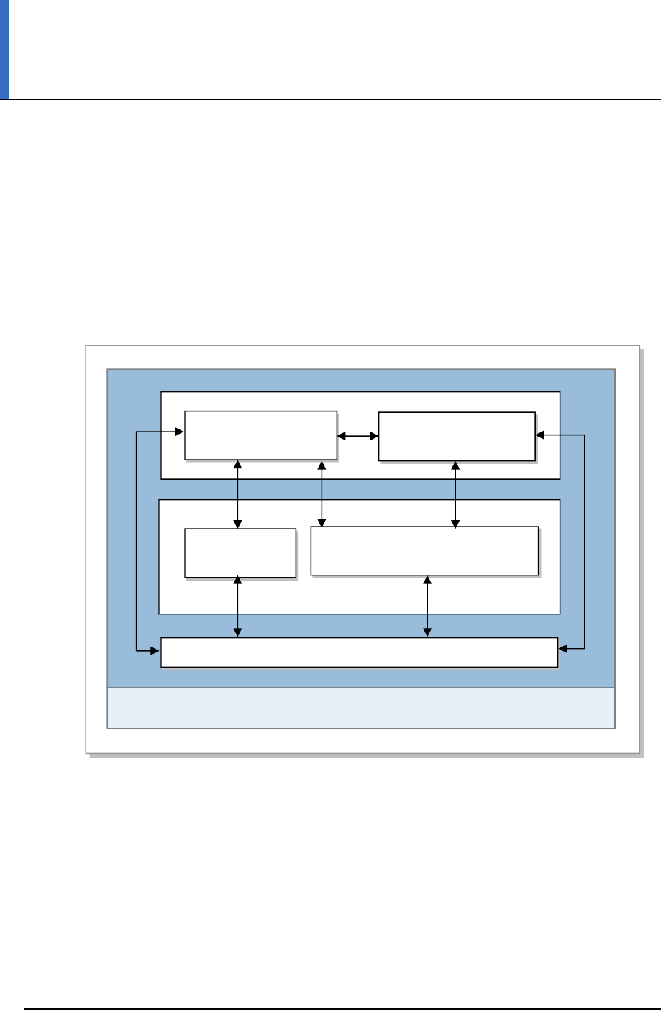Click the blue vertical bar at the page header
click(4, 49)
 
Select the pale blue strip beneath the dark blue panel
click(360, 708)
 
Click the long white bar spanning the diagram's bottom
click(359, 652)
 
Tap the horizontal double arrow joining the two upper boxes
click(358, 436)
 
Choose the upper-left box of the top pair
click(260, 435)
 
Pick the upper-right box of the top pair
click(457, 436)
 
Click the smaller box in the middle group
click(240, 552)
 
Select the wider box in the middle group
click(424, 551)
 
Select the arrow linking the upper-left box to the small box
click(237, 494)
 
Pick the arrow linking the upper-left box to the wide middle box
click(322, 493)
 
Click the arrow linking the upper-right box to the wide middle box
click(455, 494)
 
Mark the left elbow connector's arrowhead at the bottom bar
click(155, 652)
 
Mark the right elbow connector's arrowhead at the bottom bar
click(564, 650)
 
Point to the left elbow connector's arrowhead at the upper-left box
click(180, 432)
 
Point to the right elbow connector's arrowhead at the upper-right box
click(541, 435)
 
